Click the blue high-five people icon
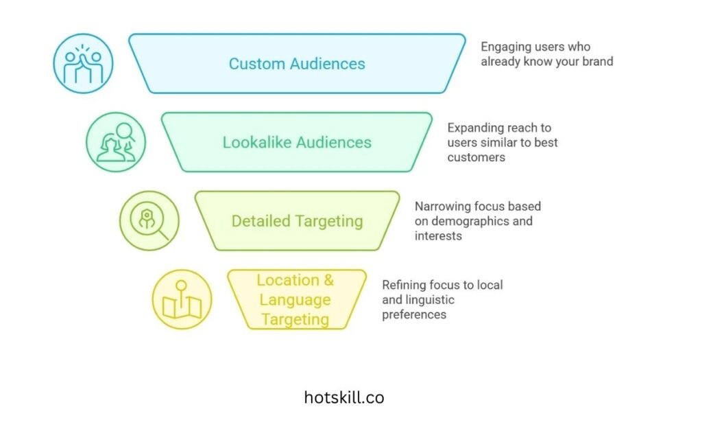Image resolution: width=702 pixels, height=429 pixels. [83, 63]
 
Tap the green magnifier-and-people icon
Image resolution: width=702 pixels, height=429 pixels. [116, 142]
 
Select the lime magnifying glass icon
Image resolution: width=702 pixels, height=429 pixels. [149, 220]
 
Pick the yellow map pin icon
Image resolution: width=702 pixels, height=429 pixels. [182, 299]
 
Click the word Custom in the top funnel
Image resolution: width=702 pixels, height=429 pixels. [256, 64]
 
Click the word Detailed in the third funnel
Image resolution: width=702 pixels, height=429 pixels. [261, 221]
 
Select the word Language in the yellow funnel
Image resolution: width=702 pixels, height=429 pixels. [295, 299]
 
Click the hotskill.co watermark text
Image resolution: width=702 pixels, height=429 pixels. [344, 397]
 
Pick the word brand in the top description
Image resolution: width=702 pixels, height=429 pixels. [596, 61]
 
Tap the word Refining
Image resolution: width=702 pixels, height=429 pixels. [404, 285]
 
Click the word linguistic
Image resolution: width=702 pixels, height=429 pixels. [429, 300]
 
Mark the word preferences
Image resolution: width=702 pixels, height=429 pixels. [414, 314]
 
